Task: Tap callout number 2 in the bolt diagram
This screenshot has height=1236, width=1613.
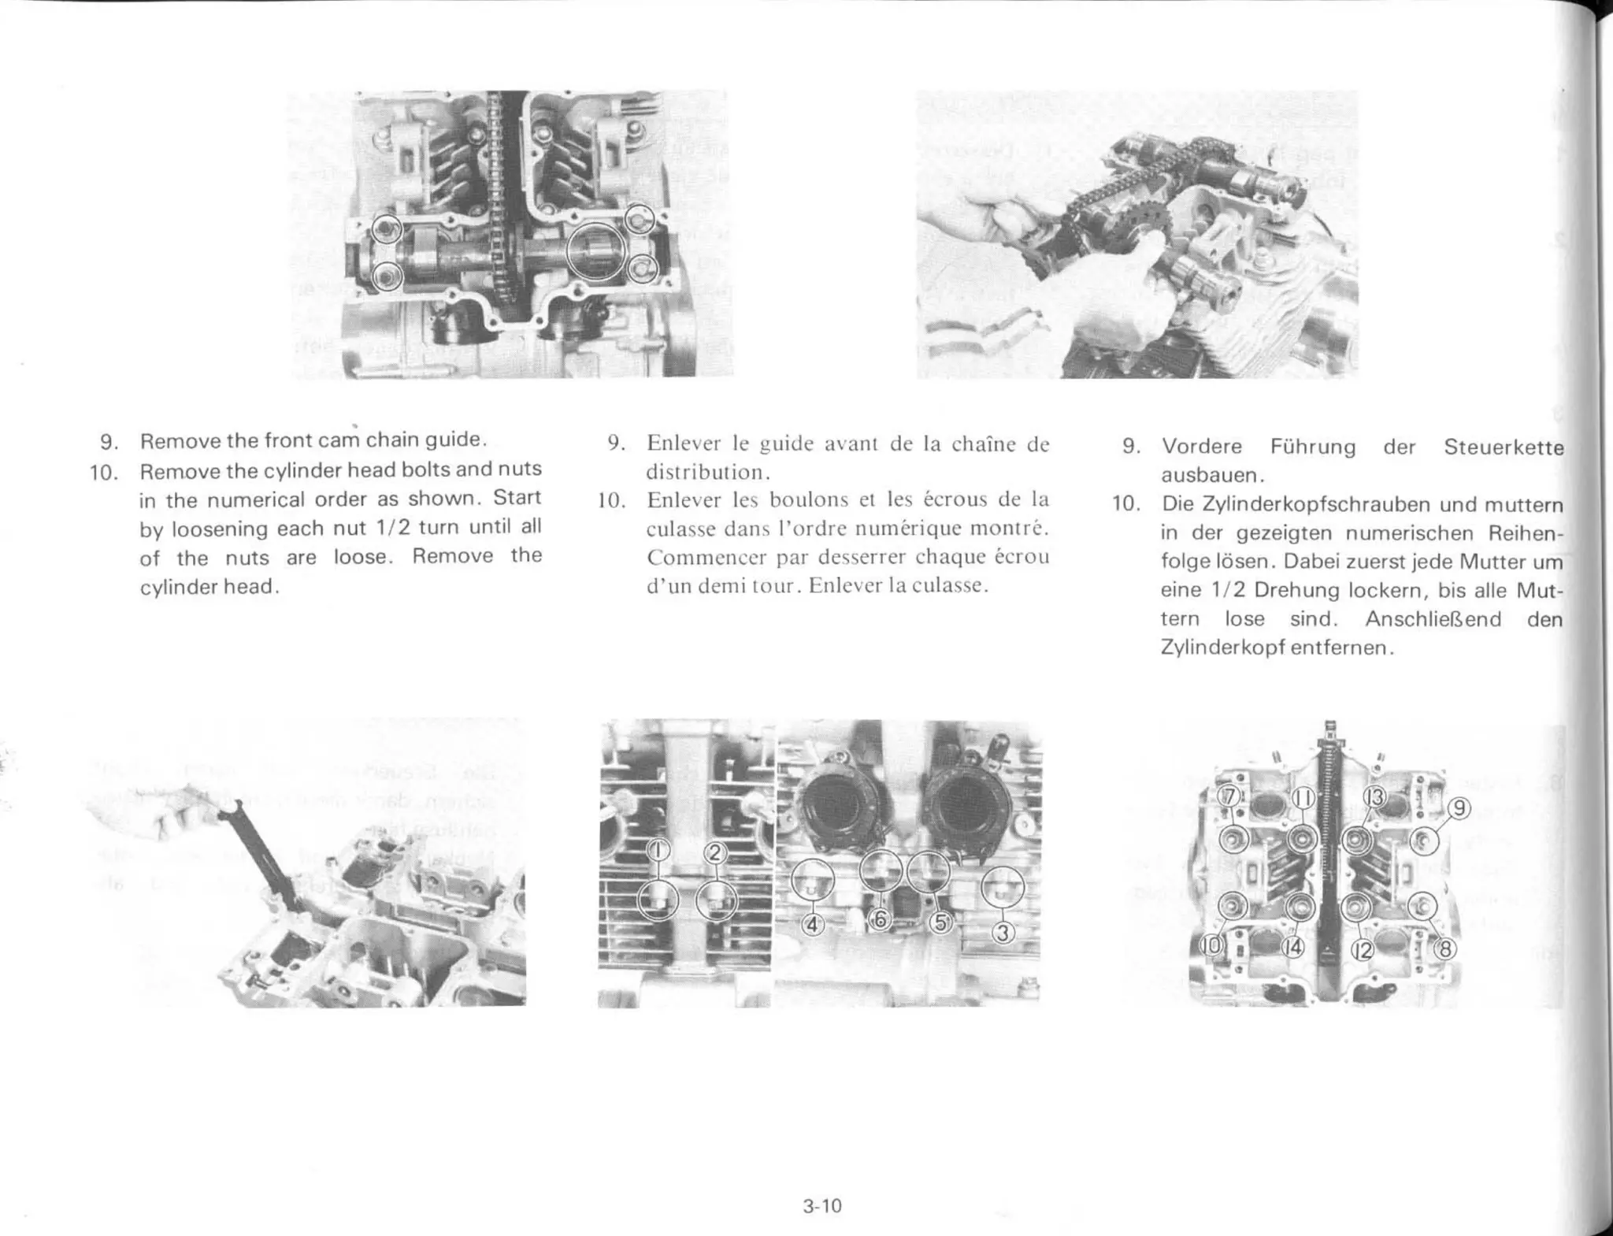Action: tap(715, 852)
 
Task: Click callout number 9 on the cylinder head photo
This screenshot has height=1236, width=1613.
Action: tap(1459, 809)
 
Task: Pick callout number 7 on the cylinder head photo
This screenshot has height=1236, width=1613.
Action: tap(1227, 796)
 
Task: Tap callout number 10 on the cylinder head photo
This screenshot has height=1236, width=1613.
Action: tap(1213, 945)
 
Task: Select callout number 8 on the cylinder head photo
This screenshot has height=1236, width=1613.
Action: tap(1444, 949)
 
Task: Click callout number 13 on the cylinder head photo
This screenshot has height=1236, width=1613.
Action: tap(1374, 798)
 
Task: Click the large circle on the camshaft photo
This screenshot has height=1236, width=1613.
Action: tap(596, 251)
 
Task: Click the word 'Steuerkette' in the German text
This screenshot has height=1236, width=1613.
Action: tap(1503, 447)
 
